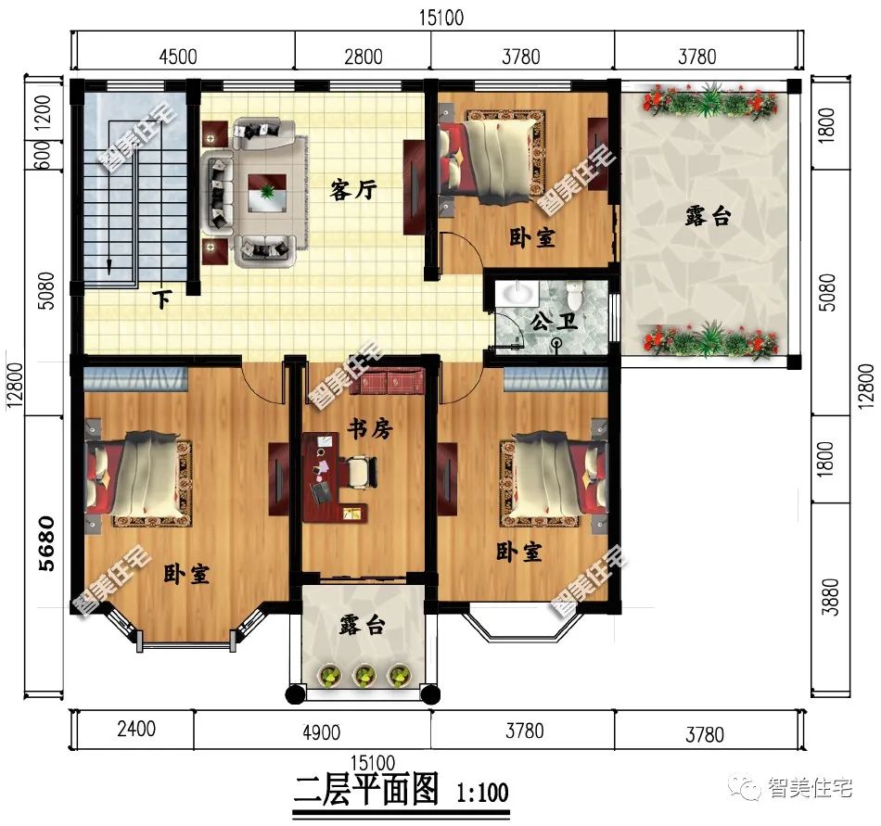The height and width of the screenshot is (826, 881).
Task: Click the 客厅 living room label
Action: click(x=353, y=191)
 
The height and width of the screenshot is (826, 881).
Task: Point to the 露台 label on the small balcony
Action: click(x=362, y=627)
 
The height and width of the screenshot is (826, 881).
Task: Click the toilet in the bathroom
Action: click(x=574, y=298)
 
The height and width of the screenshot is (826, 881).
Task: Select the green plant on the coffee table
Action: click(x=267, y=193)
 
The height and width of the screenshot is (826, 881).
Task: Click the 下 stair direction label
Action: click(x=163, y=299)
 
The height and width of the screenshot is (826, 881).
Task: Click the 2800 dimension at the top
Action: click(x=363, y=57)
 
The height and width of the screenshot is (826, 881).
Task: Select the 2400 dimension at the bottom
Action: click(x=135, y=730)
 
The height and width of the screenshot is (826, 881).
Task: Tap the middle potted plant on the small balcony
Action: click(x=364, y=674)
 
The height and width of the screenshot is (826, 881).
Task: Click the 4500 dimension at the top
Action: click(x=178, y=56)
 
